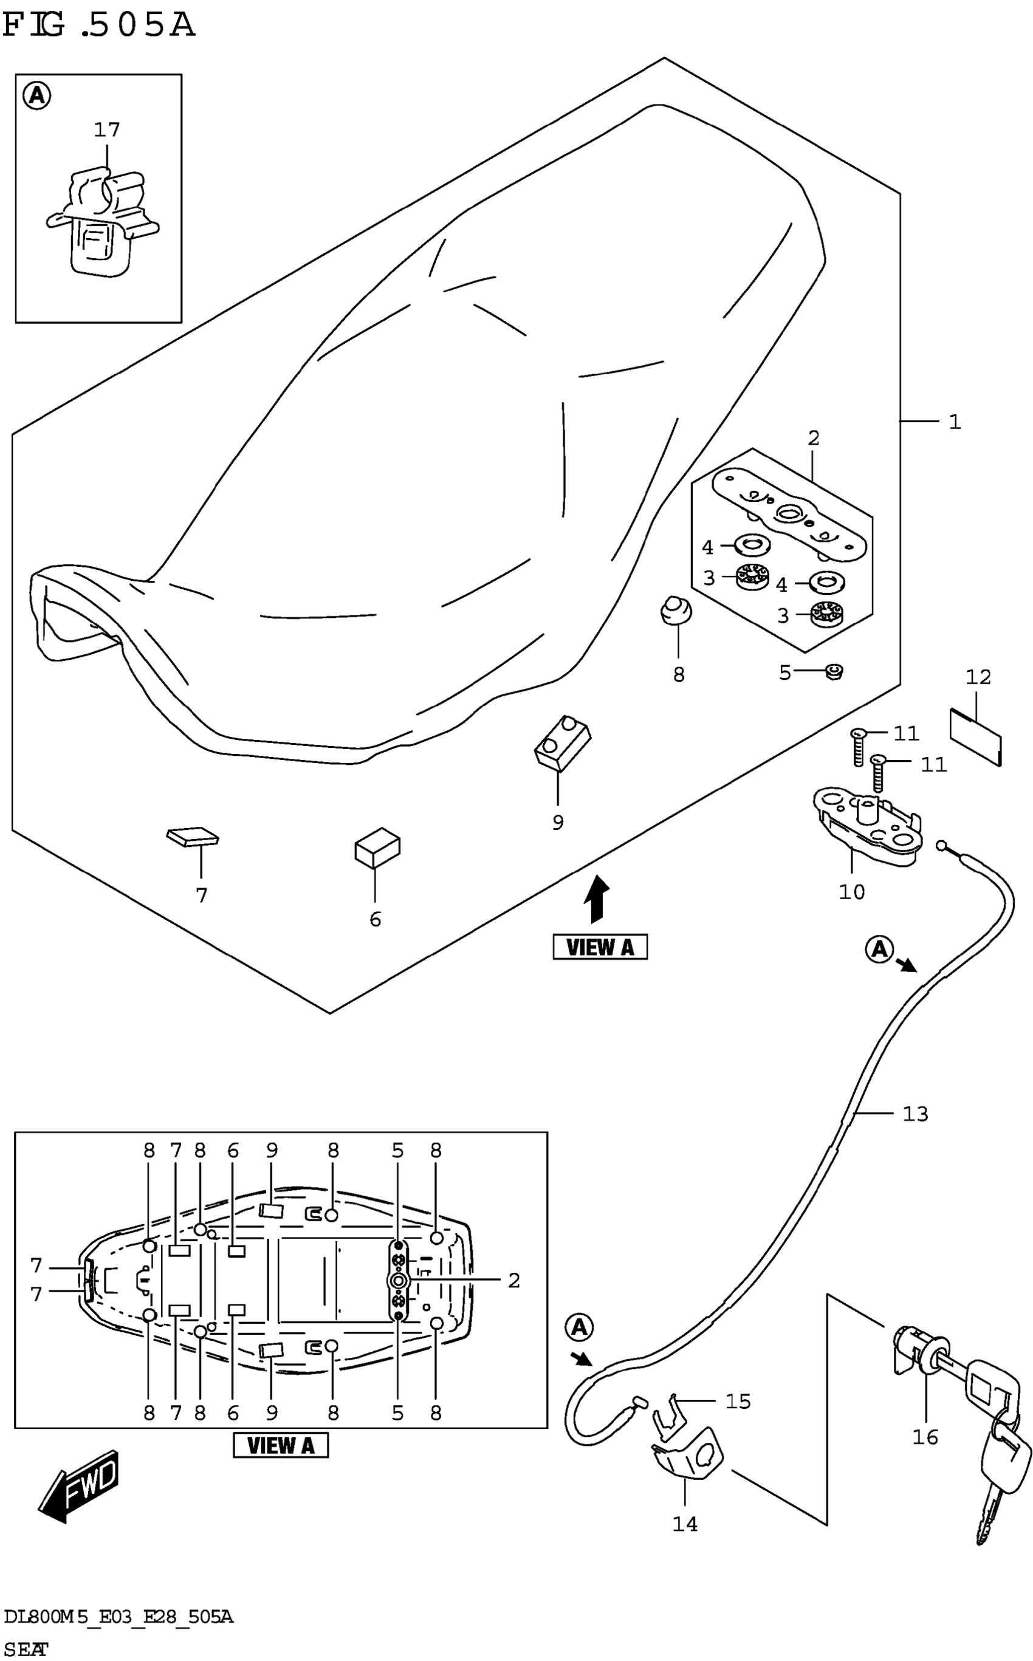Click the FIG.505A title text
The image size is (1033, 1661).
click(x=99, y=26)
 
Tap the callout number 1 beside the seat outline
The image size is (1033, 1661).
click(x=955, y=422)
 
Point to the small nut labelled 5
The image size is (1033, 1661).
click(x=834, y=672)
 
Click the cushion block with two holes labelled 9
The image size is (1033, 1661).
click(x=562, y=742)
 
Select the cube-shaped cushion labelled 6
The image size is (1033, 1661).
click(x=377, y=847)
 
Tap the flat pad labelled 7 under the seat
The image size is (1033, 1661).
click(x=193, y=837)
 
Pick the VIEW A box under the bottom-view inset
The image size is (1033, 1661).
click(x=280, y=1445)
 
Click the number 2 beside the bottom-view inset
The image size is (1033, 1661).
click(x=514, y=1280)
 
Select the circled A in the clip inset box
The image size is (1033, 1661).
click(x=37, y=95)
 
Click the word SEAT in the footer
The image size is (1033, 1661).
click(x=26, y=1648)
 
